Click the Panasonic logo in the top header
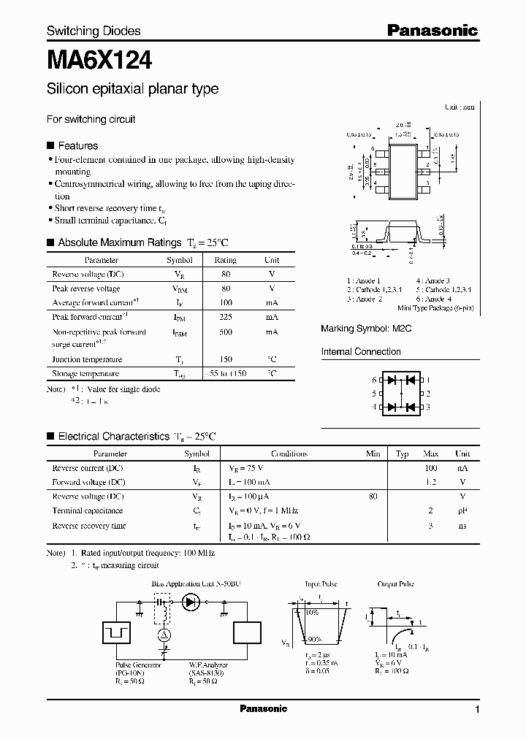(x=432, y=31)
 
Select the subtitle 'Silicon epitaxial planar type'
(x=132, y=89)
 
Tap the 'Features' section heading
(x=77, y=145)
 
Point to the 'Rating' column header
(x=225, y=260)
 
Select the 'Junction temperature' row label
(x=85, y=359)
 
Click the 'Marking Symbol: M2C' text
(x=366, y=329)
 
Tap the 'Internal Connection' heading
(x=361, y=352)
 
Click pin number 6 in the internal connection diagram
(x=374, y=380)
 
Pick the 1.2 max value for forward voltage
(x=430, y=483)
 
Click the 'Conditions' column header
(x=289, y=453)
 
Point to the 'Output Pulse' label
(x=397, y=584)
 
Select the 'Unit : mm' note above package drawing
(x=460, y=107)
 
